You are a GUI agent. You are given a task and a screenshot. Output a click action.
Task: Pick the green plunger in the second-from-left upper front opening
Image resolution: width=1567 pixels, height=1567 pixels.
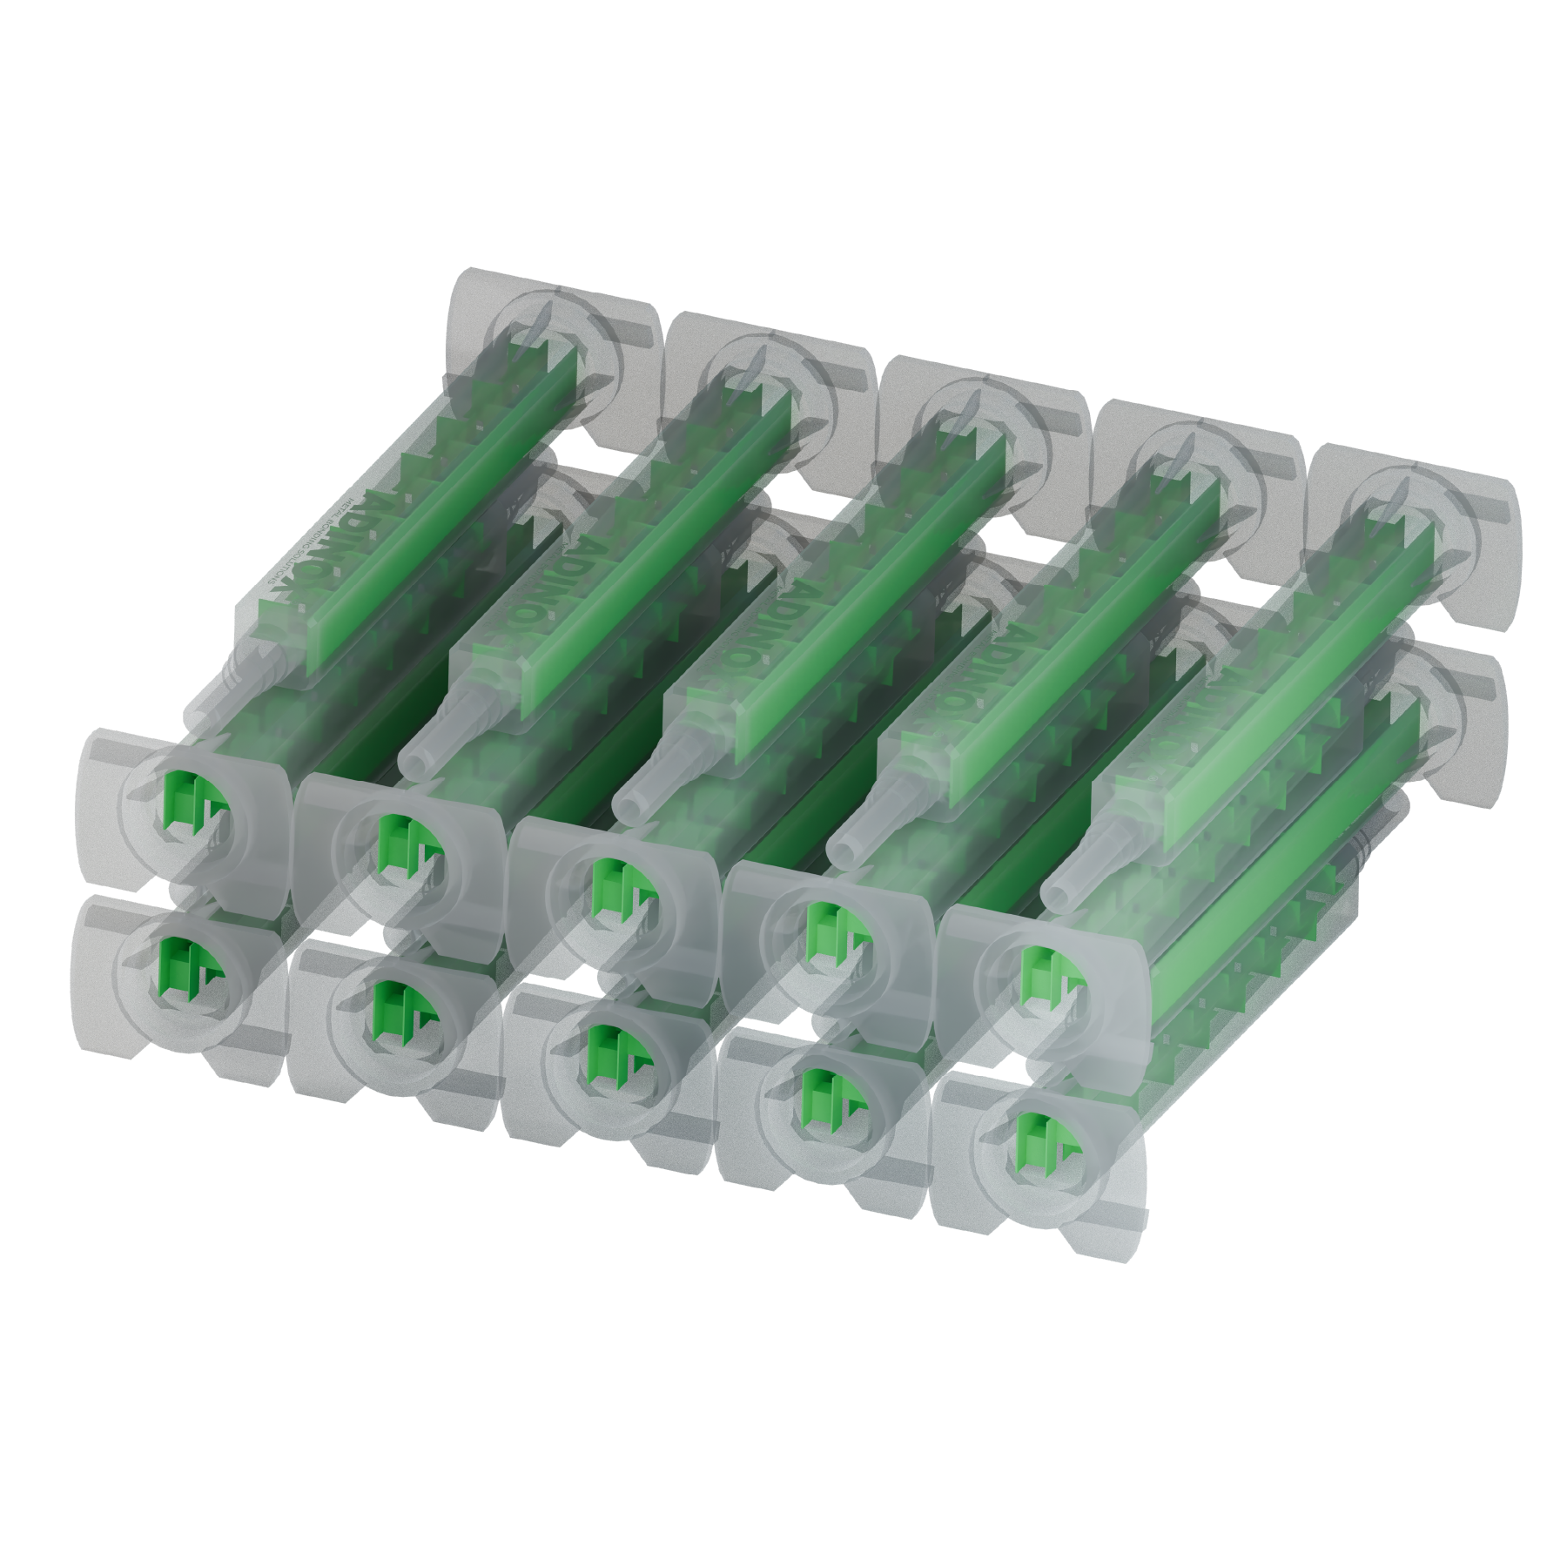[x=401, y=843]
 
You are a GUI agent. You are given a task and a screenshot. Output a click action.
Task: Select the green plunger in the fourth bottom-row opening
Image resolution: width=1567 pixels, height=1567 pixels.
[x=823, y=1094]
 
